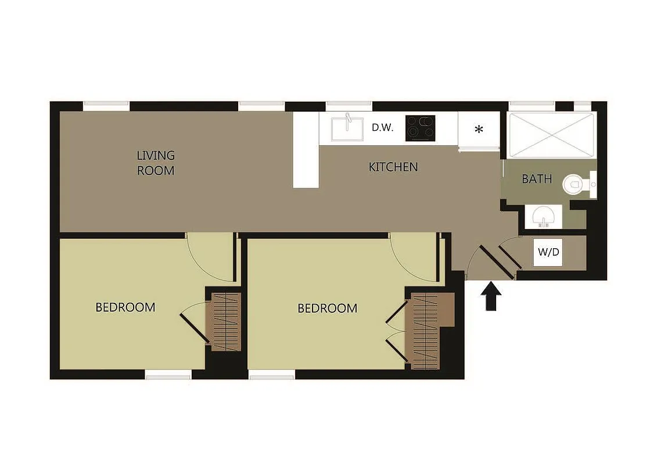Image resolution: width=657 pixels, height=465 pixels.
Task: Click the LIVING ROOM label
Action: pyautogui.click(x=156, y=163)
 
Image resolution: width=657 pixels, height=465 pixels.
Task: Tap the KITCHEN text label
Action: pyautogui.click(x=393, y=167)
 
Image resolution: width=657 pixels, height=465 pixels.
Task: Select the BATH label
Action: pyautogui.click(x=537, y=179)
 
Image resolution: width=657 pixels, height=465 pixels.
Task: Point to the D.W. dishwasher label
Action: pyautogui.click(x=383, y=128)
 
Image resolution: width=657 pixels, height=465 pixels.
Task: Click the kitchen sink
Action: pyautogui.click(x=347, y=128)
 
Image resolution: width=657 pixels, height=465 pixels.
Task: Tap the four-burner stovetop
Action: pyautogui.click(x=420, y=128)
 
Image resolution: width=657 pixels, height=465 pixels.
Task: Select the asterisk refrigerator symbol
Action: pyautogui.click(x=479, y=130)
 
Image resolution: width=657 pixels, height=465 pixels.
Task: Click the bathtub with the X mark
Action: pyautogui.click(x=551, y=135)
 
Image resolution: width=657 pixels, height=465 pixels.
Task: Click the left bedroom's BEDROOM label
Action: pyautogui.click(x=125, y=307)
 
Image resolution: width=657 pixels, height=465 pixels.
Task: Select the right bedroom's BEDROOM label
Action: pyautogui.click(x=327, y=309)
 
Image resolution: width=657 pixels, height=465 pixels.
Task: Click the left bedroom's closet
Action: pyautogui.click(x=225, y=321)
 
